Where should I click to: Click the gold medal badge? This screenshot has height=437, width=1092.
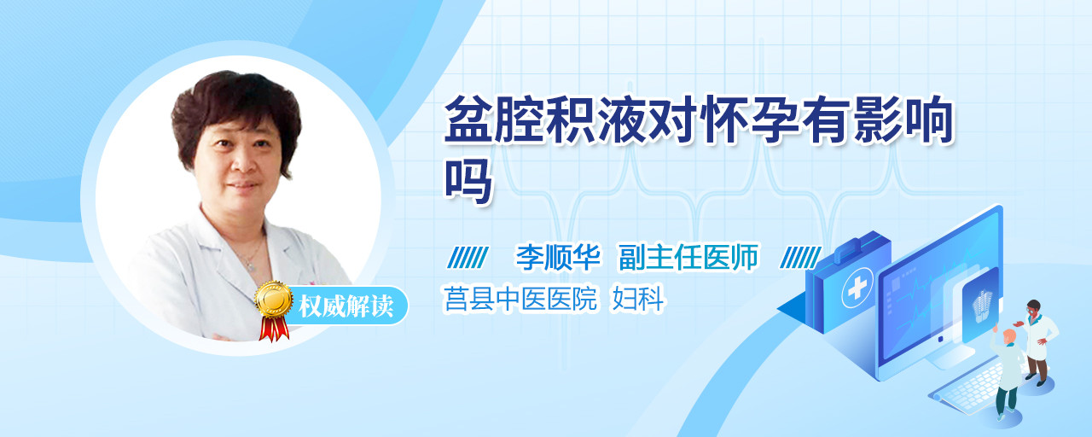click(274, 299)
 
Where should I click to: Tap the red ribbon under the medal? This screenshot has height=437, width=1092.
click(274, 329)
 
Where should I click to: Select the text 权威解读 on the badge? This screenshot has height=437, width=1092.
click(346, 306)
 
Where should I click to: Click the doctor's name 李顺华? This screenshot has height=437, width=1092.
click(558, 257)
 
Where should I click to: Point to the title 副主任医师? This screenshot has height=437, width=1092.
click(688, 257)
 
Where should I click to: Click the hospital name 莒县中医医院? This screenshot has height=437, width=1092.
click(520, 299)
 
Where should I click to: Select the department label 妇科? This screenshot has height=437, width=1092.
click(638, 299)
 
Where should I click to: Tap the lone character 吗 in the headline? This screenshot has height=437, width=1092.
click(468, 181)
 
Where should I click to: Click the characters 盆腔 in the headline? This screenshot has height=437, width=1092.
click(494, 119)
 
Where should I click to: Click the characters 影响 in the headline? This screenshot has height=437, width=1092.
click(903, 119)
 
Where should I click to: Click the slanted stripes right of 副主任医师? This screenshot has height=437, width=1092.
click(800, 258)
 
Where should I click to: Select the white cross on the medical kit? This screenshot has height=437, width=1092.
click(857, 288)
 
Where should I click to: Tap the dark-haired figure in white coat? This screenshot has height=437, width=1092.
click(1037, 342)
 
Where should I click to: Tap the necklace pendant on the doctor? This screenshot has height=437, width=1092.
click(251, 265)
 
